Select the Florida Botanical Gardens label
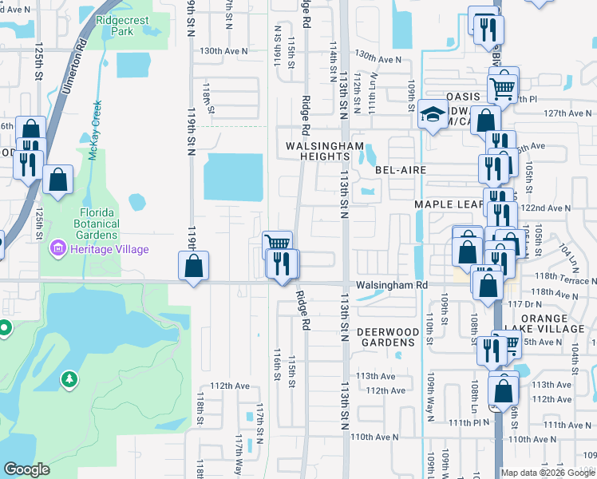click(101, 225)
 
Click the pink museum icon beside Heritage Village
click(57, 249)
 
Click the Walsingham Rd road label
click(392, 284)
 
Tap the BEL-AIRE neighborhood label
click(401, 170)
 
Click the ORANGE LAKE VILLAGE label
click(555, 324)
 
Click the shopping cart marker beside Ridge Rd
click(277, 243)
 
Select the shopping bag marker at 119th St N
click(194, 266)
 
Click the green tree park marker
click(70, 377)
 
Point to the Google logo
click(26, 469)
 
